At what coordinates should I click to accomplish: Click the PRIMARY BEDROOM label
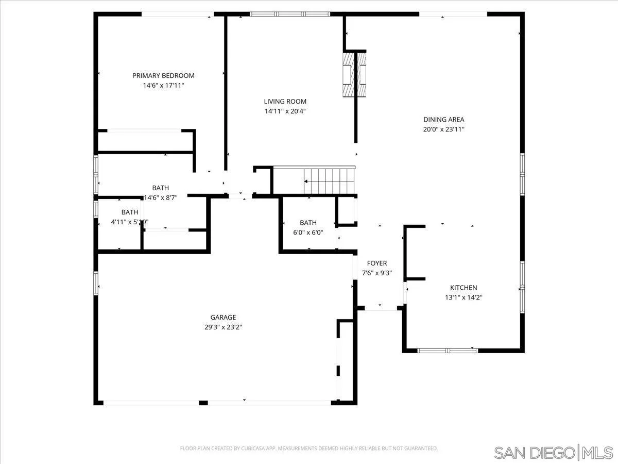(163, 76)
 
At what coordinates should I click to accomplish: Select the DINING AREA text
(444, 120)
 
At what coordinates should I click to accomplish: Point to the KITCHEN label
(463, 288)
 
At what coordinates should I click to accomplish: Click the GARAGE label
(223, 318)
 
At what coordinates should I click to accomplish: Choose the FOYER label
(376, 263)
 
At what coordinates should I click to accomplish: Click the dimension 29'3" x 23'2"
(223, 327)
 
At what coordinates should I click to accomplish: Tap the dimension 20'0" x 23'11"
(444, 129)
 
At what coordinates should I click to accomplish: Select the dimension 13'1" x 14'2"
(463, 297)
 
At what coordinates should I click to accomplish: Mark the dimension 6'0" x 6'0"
(308, 233)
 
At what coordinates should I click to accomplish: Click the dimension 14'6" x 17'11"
(163, 86)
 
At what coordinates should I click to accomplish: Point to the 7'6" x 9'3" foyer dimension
(376, 273)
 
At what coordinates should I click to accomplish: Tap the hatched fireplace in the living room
(355, 73)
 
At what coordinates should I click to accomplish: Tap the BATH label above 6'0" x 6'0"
(308, 223)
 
